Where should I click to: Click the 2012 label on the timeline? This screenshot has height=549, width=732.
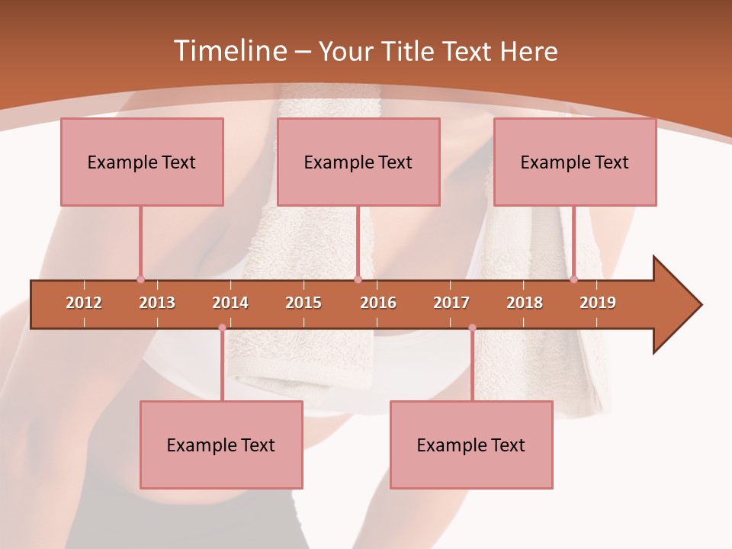point(84,303)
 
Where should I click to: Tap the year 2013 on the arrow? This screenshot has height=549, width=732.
point(157,303)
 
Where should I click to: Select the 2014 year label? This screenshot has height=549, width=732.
point(230,303)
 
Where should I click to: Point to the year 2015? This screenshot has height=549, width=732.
point(303,303)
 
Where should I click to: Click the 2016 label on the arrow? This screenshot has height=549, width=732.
point(378,303)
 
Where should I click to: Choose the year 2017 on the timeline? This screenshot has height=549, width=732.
point(451,303)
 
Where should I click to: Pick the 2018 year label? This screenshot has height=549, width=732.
point(525,303)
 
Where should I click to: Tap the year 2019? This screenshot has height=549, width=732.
point(598,303)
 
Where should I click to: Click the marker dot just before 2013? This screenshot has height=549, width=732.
point(140,279)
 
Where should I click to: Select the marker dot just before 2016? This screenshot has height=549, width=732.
point(358,279)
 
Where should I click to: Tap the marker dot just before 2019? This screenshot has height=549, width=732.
point(574,279)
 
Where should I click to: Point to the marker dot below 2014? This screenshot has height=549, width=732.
point(222,328)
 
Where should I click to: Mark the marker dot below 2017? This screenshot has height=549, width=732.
point(472,328)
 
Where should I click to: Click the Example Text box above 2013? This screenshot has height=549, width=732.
point(142,162)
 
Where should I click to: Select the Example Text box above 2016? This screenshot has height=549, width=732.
point(358,162)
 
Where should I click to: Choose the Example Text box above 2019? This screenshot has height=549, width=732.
point(575,162)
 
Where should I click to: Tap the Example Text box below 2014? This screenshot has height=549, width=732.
point(221,445)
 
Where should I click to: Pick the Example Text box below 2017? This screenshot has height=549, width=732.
point(471,445)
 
